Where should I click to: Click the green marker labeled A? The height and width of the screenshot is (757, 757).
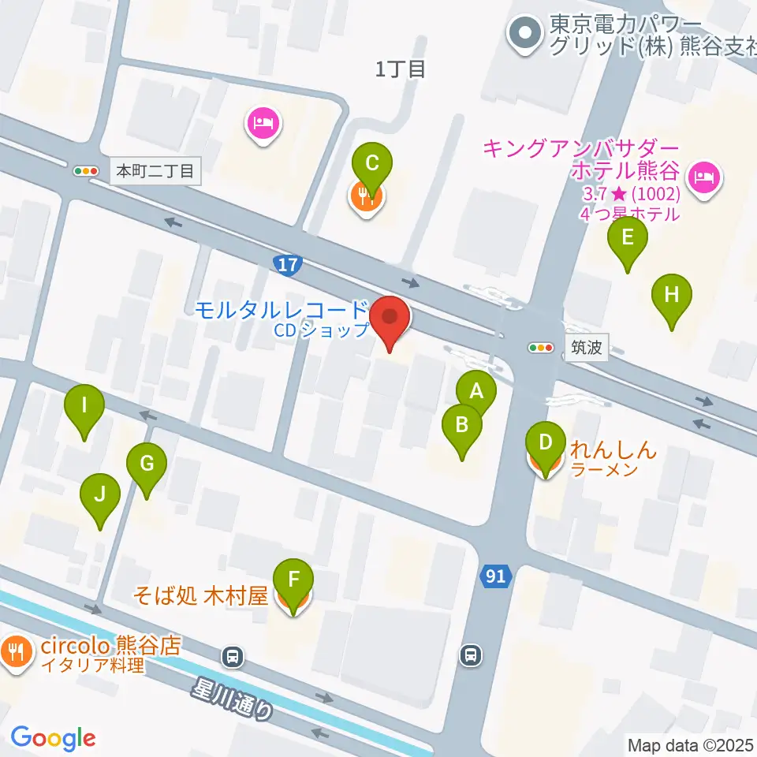tap(475, 390)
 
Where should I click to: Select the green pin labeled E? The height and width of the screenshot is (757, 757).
tap(628, 238)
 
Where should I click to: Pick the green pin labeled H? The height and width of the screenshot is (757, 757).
tap(671, 296)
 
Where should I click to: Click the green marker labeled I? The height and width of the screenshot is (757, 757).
tap(84, 406)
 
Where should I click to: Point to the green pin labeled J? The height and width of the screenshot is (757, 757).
tap(100, 495)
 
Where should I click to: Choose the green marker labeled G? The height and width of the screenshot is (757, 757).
tap(147, 464)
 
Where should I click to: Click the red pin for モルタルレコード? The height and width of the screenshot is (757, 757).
tap(391, 319)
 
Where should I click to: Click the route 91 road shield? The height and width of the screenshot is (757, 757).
tap(495, 577)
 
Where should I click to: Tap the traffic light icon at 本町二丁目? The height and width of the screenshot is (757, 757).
tap(84, 170)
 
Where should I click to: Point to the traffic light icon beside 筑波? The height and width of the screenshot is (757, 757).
tap(542, 347)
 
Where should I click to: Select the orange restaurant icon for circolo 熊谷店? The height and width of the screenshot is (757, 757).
tap(15, 651)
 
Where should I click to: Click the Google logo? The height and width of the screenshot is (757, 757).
tap(53, 739)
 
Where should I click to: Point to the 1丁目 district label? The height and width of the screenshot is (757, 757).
tap(401, 69)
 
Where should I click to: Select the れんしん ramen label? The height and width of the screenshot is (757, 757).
tap(613, 453)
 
